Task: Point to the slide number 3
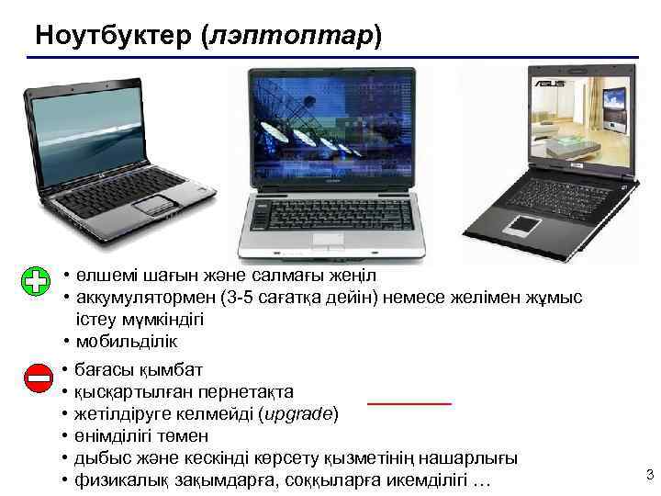tap(649, 475)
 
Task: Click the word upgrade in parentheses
tap(298, 413)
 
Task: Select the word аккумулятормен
tap(140, 298)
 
